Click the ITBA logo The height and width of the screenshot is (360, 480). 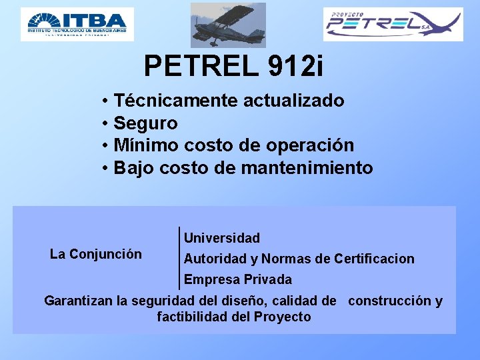(77, 24)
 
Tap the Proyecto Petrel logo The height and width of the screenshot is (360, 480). (393, 25)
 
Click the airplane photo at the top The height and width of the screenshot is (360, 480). (228, 25)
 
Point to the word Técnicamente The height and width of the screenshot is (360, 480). (176, 101)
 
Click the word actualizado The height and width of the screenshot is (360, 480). (294, 101)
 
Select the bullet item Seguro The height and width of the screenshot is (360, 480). (145, 123)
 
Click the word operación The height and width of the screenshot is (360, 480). (313, 145)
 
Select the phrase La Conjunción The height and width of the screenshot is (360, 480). (96, 254)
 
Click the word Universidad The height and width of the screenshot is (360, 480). (222, 238)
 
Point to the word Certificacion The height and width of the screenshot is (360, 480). (374, 259)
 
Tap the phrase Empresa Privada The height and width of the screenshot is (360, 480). (238, 279)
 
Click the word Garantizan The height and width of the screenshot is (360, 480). (77, 301)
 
